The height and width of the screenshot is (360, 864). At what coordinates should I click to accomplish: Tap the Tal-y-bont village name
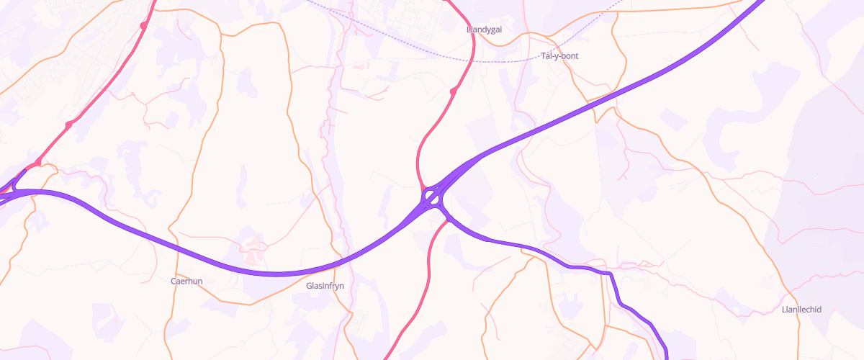[559, 55]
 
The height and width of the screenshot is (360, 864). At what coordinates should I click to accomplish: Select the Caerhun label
[185, 281]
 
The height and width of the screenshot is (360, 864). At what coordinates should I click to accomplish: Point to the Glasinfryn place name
[325, 286]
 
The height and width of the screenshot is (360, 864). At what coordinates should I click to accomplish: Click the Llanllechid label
[801, 310]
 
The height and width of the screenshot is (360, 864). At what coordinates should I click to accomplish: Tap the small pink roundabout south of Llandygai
[454, 91]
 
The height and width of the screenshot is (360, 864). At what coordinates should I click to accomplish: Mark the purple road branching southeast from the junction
[504, 243]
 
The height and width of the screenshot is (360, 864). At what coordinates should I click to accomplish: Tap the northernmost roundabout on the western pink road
[143, 26]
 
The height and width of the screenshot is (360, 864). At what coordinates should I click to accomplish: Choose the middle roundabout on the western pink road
[68, 125]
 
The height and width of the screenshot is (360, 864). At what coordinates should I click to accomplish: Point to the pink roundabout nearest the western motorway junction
[37, 163]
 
